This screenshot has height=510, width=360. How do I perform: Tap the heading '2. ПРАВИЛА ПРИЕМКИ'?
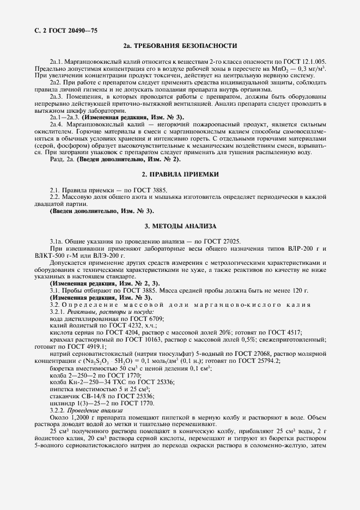(x=180, y=175)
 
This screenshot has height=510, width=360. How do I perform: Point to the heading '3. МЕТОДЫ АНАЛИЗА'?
(x=180, y=226)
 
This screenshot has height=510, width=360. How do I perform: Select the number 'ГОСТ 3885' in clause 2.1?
(x=150, y=190)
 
